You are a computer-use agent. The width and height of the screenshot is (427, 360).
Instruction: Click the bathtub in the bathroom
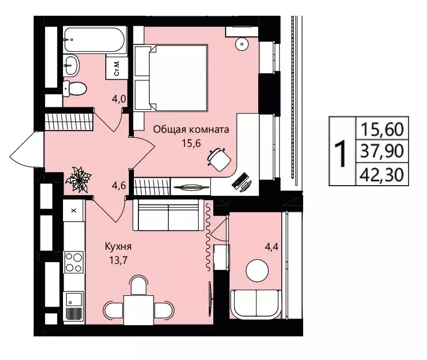coord(95,39)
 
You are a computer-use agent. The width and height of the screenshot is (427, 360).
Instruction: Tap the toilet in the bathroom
coord(75,88)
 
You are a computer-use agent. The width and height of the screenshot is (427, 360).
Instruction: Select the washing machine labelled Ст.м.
coord(117,68)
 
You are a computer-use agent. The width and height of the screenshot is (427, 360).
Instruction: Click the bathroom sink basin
coord(71,65)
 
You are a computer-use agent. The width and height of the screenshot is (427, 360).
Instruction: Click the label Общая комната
coord(191,129)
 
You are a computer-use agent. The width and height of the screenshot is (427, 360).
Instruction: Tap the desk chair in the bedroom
coord(219,159)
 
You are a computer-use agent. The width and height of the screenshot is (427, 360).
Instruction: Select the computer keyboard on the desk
coord(240,180)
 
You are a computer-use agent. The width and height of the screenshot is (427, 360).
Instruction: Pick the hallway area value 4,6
coord(119,186)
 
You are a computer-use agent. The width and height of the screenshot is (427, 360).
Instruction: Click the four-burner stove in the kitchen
coord(74,262)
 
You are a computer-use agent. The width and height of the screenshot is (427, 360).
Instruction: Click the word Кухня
coord(118,247)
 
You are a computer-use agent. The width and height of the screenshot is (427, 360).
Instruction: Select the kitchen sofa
coord(169,215)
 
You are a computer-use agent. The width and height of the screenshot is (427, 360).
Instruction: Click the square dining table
coord(138,310)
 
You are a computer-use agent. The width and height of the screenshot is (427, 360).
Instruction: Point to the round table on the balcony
coord(257,271)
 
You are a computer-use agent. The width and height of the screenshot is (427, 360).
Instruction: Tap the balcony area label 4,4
coord(272,247)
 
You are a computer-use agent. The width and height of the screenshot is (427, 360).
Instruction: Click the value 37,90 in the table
coord(382,151)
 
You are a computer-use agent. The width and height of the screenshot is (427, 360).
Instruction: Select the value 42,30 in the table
coord(382,174)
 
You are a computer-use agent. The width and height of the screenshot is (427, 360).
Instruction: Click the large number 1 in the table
coord(341,154)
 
